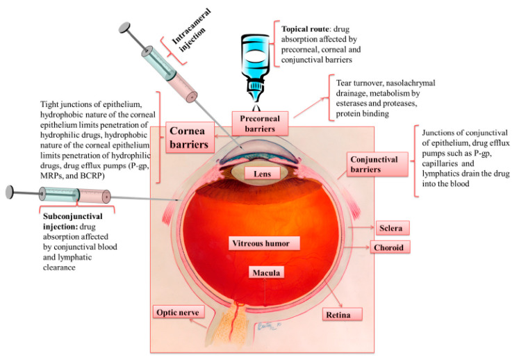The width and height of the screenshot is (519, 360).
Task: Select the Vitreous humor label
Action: coord(265,243)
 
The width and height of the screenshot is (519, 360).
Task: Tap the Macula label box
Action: coord(265,273)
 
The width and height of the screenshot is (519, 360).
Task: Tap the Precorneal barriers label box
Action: coord(261,123)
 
